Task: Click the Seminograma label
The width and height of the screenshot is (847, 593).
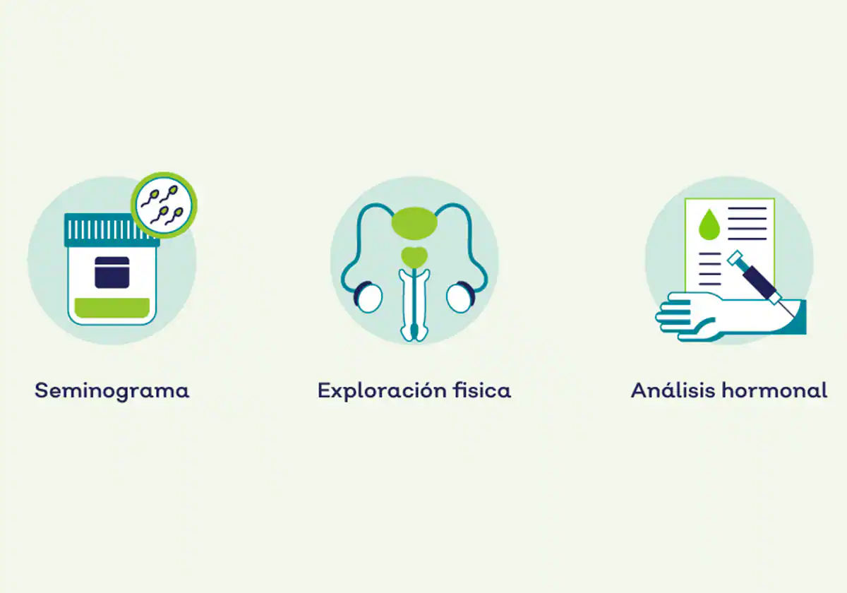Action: tap(112, 391)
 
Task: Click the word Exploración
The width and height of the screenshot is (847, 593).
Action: tap(382, 390)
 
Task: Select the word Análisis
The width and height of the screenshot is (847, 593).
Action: tap(673, 390)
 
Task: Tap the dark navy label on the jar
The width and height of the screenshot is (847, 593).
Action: tap(112, 272)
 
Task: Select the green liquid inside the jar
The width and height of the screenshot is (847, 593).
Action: tap(112, 308)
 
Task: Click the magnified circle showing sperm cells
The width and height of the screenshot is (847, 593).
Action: tap(164, 205)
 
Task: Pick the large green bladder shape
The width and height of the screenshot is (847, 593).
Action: tap(414, 223)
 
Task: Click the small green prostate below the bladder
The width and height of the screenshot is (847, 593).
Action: tap(414, 257)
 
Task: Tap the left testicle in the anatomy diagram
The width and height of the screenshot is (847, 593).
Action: tap(368, 298)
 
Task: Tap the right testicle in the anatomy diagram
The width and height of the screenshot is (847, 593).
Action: tap(460, 298)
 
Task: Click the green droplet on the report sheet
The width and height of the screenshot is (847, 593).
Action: tap(709, 225)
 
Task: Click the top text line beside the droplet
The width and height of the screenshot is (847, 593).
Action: tap(747, 208)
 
